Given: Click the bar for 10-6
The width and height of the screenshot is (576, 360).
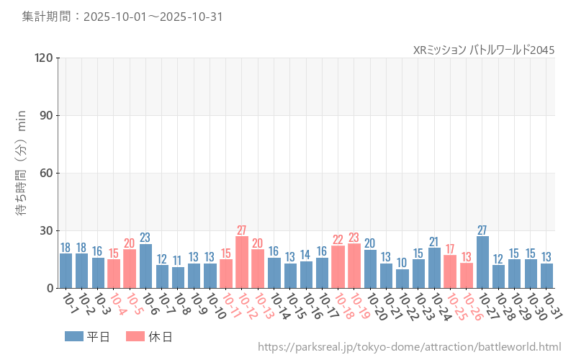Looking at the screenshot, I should click(x=145, y=266).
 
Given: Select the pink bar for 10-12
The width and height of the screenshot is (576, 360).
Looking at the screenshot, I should click(x=242, y=262).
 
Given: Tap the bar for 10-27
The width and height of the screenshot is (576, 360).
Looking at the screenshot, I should click(x=482, y=262).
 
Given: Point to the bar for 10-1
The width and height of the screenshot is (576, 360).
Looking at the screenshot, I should click(x=66, y=271).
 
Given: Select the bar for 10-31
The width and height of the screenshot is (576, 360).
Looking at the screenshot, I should click(x=547, y=276).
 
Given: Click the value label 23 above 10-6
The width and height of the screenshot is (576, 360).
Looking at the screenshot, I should click(x=145, y=238).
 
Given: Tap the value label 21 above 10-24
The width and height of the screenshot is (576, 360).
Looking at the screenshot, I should click(x=434, y=242).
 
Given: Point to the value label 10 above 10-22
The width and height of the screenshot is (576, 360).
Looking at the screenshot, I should click(x=402, y=263).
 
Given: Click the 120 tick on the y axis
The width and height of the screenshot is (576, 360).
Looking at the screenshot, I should click(x=44, y=58).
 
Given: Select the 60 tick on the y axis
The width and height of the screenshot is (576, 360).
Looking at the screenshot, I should click(x=47, y=173).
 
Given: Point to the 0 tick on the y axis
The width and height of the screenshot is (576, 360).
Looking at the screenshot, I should click(x=50, y=288).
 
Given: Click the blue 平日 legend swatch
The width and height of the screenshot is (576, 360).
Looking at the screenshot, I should click(x=74, y=336).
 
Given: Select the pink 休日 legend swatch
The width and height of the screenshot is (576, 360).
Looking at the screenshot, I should click(x=135, y=336).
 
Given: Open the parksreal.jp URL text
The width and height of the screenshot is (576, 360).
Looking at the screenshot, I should click(x=409, y=347).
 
